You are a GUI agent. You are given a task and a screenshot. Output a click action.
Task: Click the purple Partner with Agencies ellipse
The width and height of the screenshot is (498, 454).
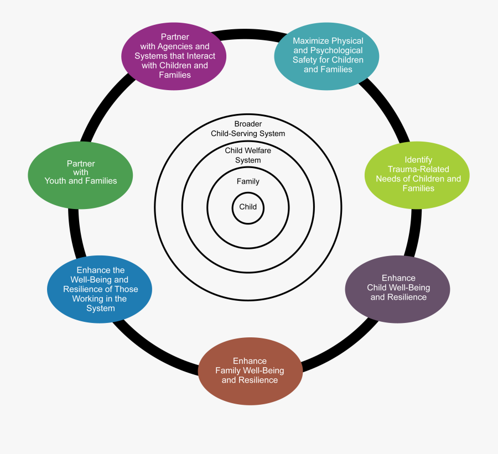coord(174,56)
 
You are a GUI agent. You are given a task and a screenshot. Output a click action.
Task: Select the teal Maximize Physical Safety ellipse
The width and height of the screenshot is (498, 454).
coord(328,55)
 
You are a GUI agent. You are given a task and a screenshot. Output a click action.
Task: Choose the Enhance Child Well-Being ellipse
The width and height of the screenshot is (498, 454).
coord(398,288)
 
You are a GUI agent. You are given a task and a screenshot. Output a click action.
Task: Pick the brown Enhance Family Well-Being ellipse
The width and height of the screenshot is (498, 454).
coord(250,370)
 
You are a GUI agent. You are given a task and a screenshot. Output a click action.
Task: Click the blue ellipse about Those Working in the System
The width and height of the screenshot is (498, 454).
coord(100,289)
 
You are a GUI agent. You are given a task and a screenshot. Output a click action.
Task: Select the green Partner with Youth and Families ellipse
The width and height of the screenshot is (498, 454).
coord(80,172)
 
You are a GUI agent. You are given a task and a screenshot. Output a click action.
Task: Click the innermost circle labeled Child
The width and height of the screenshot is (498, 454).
coord(248,207)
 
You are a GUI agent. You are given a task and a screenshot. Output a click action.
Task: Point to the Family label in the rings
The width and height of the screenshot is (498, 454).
coord(248,181)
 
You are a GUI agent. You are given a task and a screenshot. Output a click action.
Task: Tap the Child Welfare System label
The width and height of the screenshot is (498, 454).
coord(248,155)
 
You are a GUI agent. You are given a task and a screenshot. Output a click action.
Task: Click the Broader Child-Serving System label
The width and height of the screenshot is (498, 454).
coord(248,129)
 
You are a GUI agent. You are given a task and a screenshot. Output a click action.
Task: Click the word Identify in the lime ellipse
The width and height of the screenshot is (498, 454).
coord(418,160)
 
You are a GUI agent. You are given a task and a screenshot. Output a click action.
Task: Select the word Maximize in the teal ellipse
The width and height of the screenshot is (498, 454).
coord(312,41)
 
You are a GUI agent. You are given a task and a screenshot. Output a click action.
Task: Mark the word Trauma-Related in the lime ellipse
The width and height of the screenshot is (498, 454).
coord(418,169)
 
